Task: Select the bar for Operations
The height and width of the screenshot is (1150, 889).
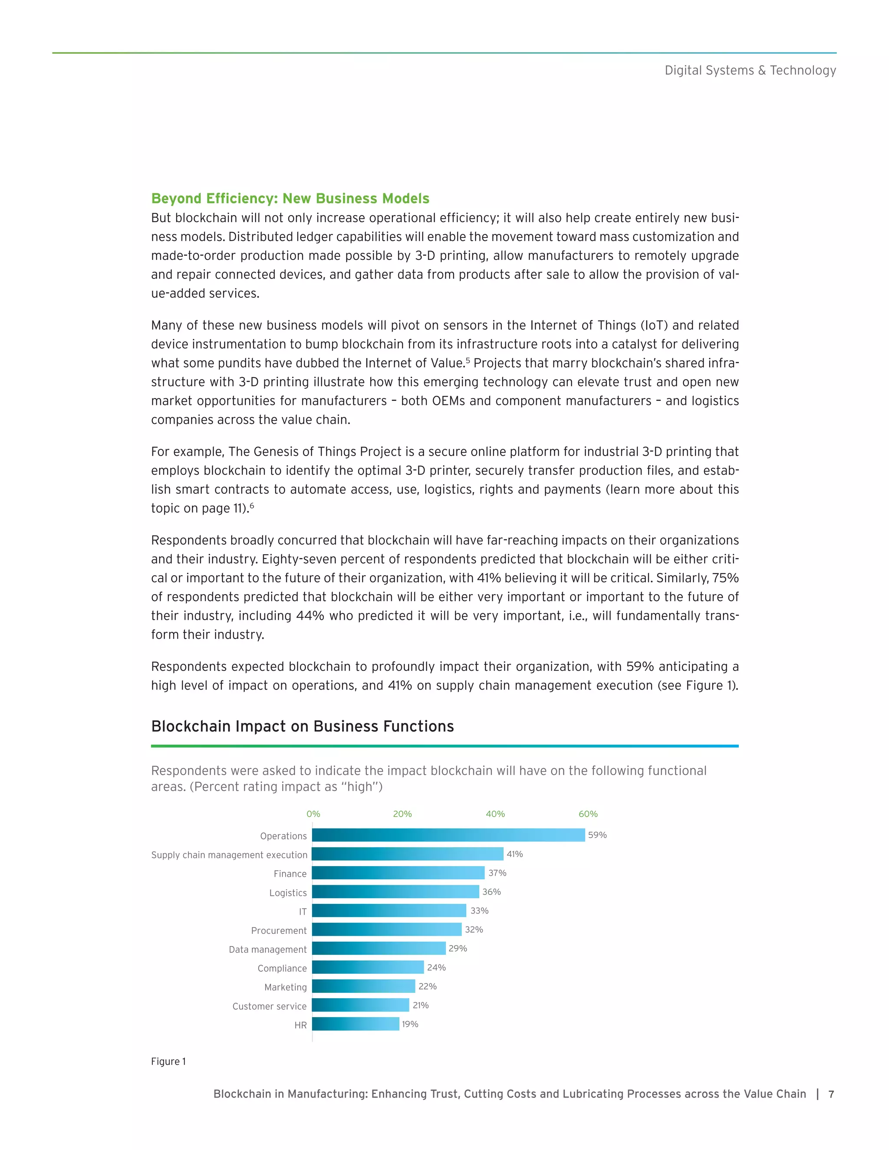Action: [x=448, y=835]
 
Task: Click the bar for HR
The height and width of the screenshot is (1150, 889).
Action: [x=356, y=1024]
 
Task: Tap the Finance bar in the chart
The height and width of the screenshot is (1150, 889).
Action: [x=398, y=873]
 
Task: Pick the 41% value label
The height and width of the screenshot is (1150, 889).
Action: [x=514, y=854]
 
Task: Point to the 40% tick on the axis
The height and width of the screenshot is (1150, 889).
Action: [x=495, y=814]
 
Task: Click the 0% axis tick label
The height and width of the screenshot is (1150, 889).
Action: [x=313, y=814]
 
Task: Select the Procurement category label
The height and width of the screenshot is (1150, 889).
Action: [x=279, y=930]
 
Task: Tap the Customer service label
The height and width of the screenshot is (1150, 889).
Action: [x=269, y=1006]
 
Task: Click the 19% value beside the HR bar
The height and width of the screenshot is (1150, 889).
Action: [x=410, y=1024]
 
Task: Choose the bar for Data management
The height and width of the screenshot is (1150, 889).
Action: [x=379, y=948]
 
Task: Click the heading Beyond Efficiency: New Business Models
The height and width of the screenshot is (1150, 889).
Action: [x=290, y=198]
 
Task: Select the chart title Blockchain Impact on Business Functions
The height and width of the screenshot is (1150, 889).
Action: [x=302, y=726]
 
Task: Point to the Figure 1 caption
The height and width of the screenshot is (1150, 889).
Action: [x=168, y=1061]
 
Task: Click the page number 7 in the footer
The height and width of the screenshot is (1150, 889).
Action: [x=831, y=1094]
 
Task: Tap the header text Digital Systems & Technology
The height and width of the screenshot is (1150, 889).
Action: [x=750, y=71]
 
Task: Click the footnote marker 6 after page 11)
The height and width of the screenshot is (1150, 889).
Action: [x=252, y=506]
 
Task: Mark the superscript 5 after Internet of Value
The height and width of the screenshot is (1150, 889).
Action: [x=468, y=360]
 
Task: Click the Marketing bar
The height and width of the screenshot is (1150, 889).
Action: [x=363, y=986]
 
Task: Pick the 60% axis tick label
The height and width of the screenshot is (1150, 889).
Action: [x=588, y=814]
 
